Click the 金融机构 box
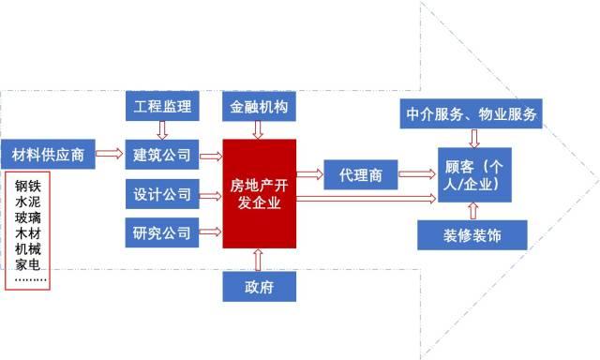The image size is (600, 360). pos(259,107)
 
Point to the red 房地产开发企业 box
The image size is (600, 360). pos(259,193)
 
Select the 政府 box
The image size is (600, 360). pos(259,284)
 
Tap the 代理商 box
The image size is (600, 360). pos(360,173)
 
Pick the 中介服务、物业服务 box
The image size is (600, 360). pos(472,113)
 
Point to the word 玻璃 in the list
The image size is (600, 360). pos(28,217)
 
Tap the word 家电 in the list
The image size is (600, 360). pos(28,264)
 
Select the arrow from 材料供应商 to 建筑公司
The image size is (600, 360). pos(110,154)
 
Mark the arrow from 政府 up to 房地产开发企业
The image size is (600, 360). pos(259,258)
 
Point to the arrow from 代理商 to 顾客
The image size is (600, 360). pos(417,173)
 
